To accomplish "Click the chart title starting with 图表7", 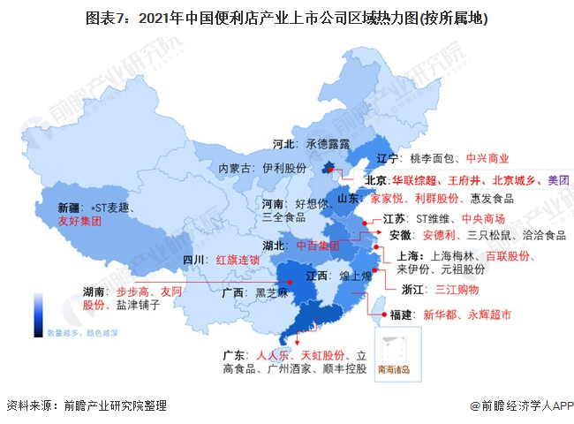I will [x=286, y=18].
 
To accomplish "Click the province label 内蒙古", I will [x=235, y=168].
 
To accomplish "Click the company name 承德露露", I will [x=328, y=142].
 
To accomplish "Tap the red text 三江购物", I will [x=457, y=288].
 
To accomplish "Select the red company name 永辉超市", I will [x=485, y=314].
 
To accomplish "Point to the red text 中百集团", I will [x=317, y=245].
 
